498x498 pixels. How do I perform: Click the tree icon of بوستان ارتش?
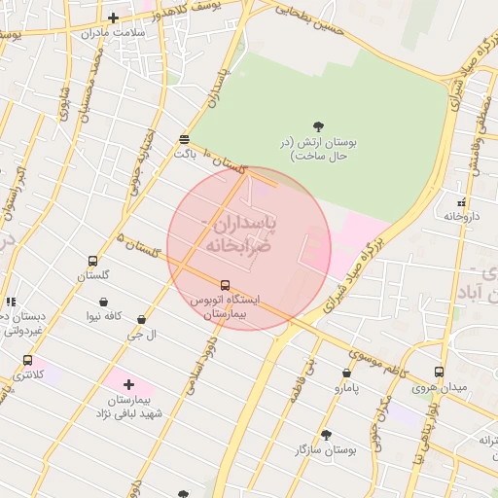[317, 125]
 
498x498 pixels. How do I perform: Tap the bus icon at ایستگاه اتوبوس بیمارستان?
[226, 286]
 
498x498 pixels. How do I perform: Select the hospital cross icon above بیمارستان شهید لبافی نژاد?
[128, 385]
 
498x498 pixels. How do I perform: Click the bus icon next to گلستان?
[92, 261]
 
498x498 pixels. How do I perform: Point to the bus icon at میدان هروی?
[439, 372]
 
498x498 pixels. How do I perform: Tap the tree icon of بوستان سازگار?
[326, 435]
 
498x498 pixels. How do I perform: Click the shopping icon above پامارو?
[347, 373]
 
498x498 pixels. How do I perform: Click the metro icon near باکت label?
[185, 139]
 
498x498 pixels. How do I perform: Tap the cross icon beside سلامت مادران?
[114, 18]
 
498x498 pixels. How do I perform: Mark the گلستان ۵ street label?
[136, 248]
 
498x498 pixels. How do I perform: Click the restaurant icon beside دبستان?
[11, 302]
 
